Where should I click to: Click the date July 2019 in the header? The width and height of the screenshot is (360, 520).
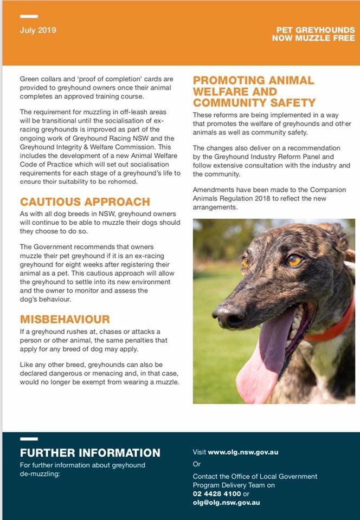pyautogui.click(x=37, y=30)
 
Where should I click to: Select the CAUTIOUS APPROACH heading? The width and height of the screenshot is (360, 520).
pyautogui.click(x=85, y=201)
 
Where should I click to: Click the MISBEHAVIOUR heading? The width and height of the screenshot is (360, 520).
pyautogui.click(x=65, y=319)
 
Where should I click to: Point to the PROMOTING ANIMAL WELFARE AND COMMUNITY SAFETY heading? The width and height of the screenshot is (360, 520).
pyautogui.click(x=254, y=91)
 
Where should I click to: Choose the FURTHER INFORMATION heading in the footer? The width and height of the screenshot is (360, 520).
pyautogui.click(x=90, y=453)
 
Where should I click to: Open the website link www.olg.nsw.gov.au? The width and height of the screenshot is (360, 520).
pyautogui.click(x=243, y=452)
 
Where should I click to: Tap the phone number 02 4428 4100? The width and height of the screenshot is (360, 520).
pyautogui.click(x=217, y=494)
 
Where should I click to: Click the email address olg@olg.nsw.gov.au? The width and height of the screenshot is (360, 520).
pyautogui.click(x=227, y=503)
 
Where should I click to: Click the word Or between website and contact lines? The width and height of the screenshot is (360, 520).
pyautogui.click(x=197, y=464)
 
